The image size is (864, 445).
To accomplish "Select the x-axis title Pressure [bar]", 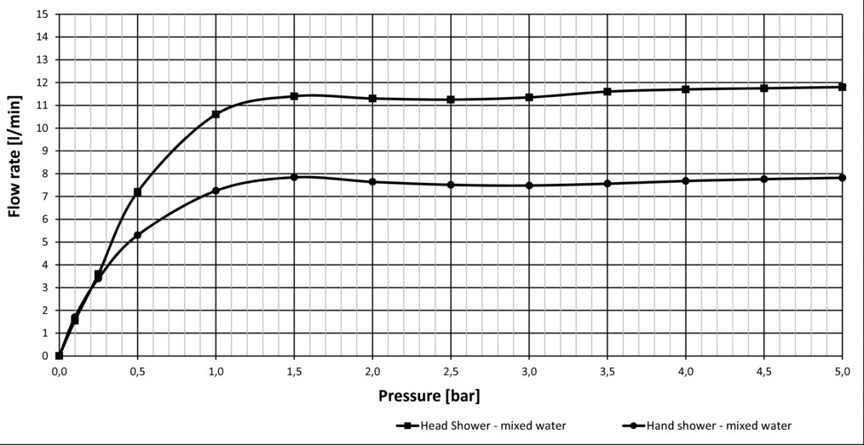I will tap(436, 397).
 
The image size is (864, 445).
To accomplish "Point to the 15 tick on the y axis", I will tap(42, 14).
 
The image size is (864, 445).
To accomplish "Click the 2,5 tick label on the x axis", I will tap(451, 371).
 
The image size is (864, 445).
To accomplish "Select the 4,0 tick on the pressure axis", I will tap(686, 371).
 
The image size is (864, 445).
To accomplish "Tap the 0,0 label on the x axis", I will tap(59, 371).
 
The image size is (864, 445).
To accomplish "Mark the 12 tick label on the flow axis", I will tap(42, 83).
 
